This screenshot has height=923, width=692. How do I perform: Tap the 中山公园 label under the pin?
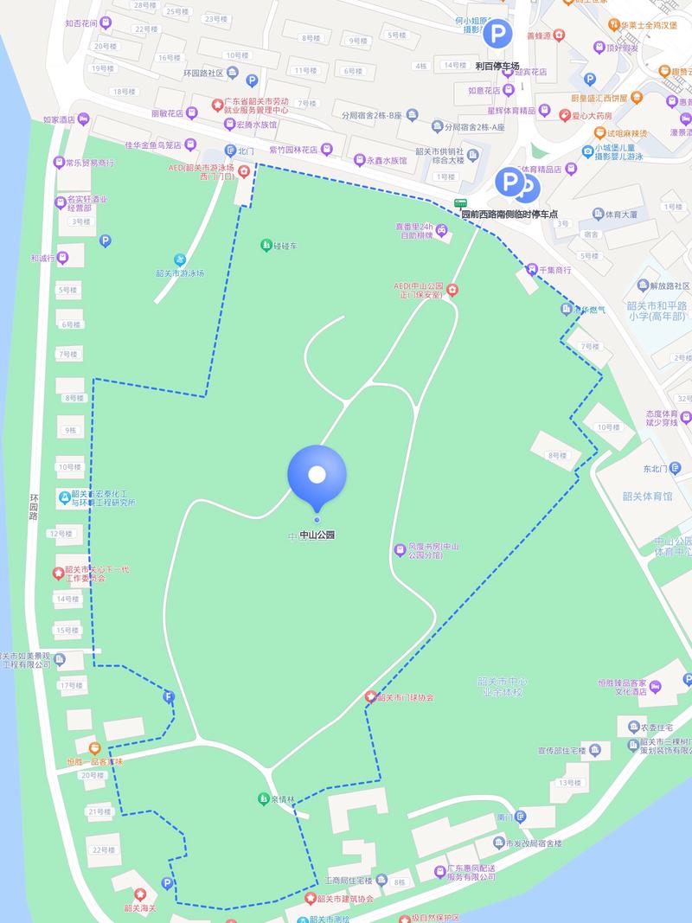click(x=317, y=535)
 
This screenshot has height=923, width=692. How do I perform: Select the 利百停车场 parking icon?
click(x=497, y=35)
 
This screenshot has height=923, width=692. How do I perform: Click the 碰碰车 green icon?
click(x=266, y=246)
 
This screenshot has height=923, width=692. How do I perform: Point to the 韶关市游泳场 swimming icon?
click(x=180, y=260)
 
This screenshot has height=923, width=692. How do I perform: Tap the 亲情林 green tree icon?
click(x=263, y=798)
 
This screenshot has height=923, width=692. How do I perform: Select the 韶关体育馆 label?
click(x=647, y=496)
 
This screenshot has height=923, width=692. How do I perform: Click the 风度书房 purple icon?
click(x=400, y=549)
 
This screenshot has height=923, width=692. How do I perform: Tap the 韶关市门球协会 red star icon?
click(x=371, y=697)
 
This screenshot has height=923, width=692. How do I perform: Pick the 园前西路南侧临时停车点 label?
click(x=509, y=214)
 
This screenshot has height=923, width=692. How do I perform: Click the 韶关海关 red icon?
click(x=140, y=894)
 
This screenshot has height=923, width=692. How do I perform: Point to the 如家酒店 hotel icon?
click(x=83, y=119)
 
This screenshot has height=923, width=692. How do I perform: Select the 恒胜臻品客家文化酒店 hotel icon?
click(x=656, y=687)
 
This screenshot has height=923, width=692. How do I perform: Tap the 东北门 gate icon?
click(x=676, y=468)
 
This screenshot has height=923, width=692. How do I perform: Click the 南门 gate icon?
click(x=520, y=817)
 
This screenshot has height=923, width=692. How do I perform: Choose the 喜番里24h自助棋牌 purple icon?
click(x=441, y=230)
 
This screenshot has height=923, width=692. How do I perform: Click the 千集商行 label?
click(x=555, y=271)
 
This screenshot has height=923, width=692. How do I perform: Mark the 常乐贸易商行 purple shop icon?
click(x=60, y=162)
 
